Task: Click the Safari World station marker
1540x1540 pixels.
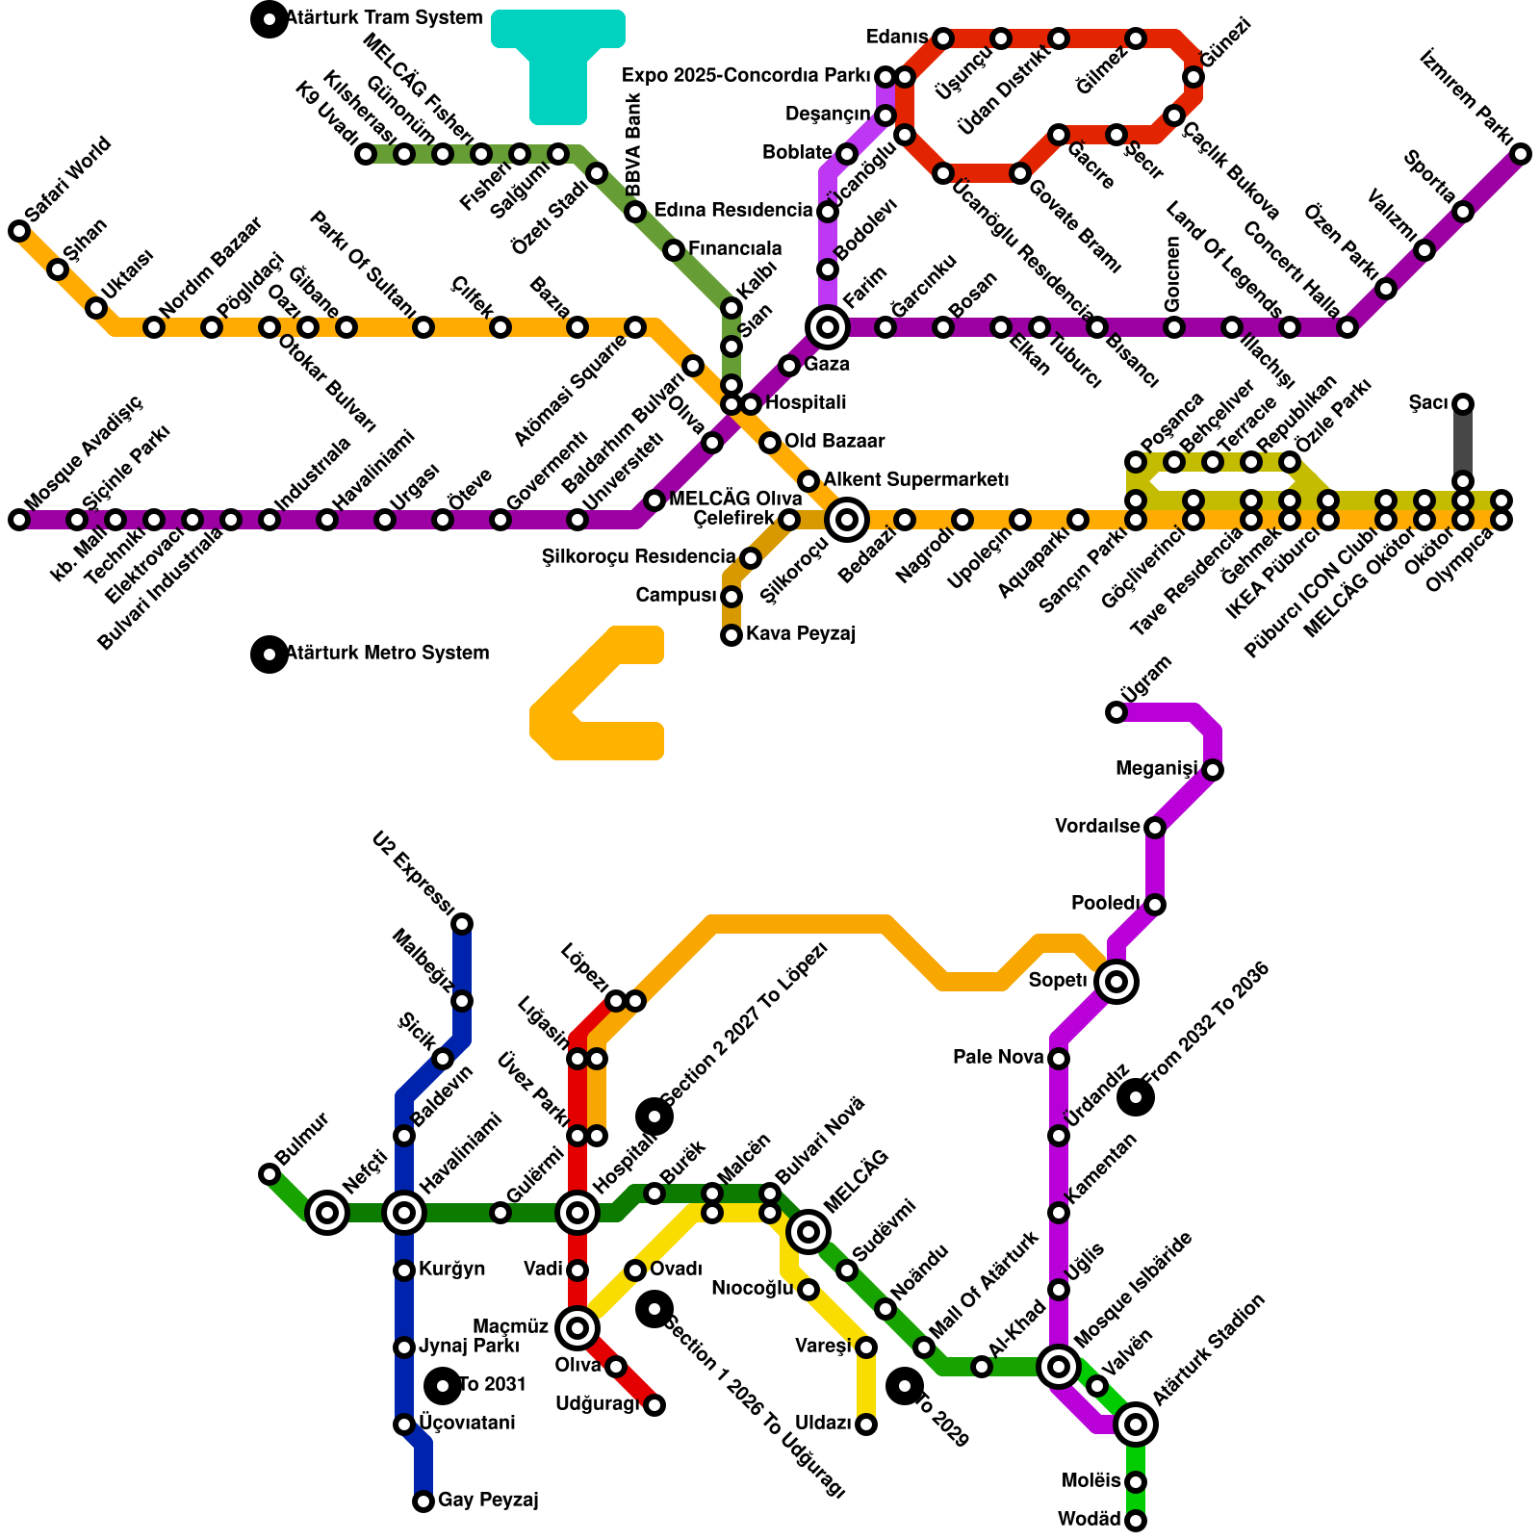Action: click(x=19, y=231)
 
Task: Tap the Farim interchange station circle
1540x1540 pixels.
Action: click(x=828, y=327)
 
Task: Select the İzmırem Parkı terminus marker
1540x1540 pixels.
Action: click(x=1521, y=154)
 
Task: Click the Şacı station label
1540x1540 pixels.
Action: click(x=1427, y=403)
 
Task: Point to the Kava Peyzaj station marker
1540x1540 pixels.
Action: click(x=731, y=635)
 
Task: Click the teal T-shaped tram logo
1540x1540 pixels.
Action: click(x=558, y=63)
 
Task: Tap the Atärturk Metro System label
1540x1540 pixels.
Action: click(x=387, y=654)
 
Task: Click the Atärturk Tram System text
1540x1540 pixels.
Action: click(x=383, y=18)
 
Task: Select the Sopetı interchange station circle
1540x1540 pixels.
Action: click(x=1116, y=982)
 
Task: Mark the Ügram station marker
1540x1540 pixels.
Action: click(x=1116, y=712)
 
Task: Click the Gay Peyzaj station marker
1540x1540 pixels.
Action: click(x=423, y=1501)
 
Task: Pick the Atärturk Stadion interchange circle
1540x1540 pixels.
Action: click(x=1136, y=1424)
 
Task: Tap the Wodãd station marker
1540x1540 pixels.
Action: click(x=1136, y=1521)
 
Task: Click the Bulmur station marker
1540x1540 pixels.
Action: click(x=269, y=1174)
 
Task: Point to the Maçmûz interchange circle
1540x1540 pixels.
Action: click(x=577, y=1328)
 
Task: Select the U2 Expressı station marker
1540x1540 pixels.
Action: click(x=462, y=924)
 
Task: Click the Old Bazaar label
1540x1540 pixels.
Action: click(x=834, y=442)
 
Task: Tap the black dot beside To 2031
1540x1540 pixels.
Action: click(x=443, y=1386)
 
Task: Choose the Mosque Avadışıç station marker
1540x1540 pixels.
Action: click(x=19, y=520)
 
